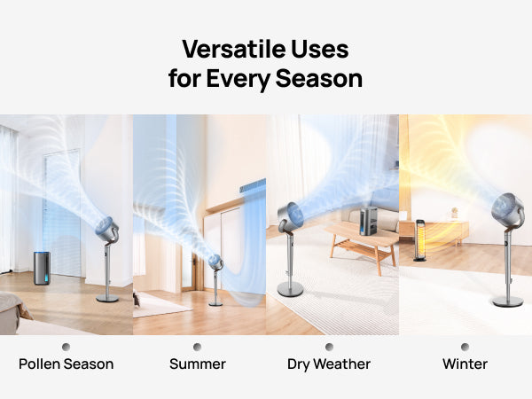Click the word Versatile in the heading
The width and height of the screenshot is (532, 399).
pos(223,48)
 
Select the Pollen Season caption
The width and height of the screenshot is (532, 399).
pos(66,364)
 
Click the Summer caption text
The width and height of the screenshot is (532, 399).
pos(197,364)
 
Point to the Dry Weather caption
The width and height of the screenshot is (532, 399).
pos(329,364)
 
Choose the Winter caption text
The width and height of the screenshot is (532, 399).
pos(465,364)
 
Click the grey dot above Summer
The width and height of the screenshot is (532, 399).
pos(197,347)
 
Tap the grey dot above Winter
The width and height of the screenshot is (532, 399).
pos(465,347)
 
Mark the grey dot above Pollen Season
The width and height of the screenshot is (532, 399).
pos(66,347)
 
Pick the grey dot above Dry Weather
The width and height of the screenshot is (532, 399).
pos(329,347)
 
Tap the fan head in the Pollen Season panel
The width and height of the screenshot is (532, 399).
pos(106,230)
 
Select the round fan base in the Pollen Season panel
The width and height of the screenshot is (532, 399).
pos(107,299)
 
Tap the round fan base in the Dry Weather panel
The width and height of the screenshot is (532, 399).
pos(289,289)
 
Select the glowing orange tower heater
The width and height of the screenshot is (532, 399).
pos(420,239)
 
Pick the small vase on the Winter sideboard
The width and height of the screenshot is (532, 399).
pos(454,214)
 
